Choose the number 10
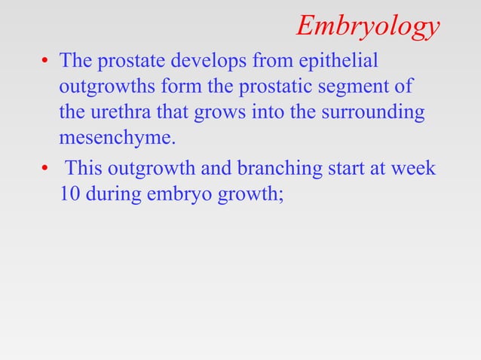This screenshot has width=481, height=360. (x=70, y=194)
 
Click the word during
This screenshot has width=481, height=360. (x=112, y=194)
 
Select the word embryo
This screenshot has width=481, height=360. (x=176, y=194)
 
